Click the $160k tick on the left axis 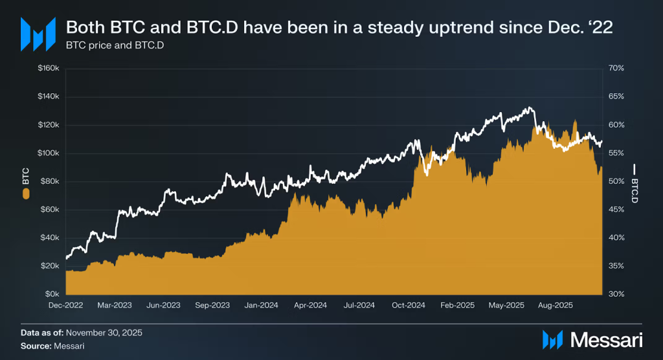tap(50, 68)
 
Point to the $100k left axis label tap(50, 153)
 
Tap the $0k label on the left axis tap(53, 294)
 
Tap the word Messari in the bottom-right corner tap(605, 339)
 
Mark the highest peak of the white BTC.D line tap(530, 107)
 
